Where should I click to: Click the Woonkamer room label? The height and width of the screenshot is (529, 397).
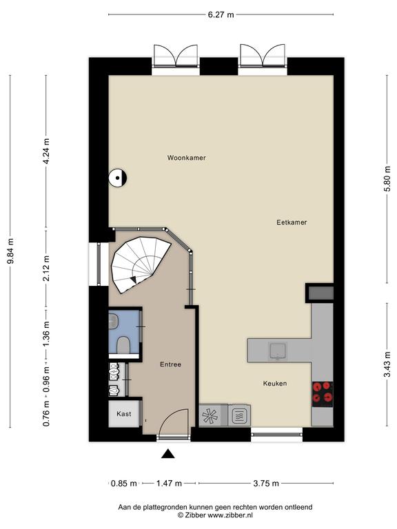[x=186, y=158]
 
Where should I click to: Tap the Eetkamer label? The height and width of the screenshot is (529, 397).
[x=292, y=222]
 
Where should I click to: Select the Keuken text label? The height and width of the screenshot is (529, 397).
[x=275, y=383]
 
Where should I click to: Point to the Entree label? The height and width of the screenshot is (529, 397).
[x=170, y=364]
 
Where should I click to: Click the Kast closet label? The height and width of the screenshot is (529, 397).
[x=123, y=413]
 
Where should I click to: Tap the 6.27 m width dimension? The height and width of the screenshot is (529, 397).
[x=221, y=14]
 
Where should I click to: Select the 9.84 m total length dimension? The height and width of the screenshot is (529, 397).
[x=10, y=251]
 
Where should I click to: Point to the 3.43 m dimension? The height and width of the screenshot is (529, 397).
[x=387, y=364]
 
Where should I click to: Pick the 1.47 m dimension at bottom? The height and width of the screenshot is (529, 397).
[x=169, y=484]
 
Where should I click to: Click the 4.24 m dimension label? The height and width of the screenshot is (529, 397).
[x=46, y=151]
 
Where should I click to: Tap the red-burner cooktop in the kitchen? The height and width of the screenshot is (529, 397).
[x=323, y=394]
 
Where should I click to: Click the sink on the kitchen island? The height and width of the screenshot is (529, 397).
[x=278, y=351]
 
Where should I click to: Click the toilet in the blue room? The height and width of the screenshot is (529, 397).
[x=123, y=345]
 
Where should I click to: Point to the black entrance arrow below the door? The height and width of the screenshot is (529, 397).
[x=167, y=454]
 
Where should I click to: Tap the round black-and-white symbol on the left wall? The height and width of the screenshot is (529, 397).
[x=117, y=178]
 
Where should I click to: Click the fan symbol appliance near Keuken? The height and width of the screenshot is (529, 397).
[x=210, y=415]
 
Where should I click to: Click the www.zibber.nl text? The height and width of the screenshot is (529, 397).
[x=230, y=515]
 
